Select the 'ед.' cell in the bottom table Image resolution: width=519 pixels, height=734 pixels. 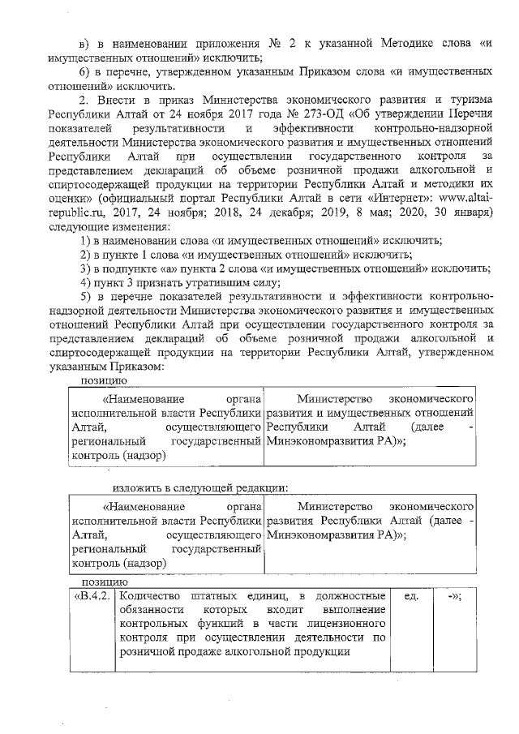click(x=410, y=596)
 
